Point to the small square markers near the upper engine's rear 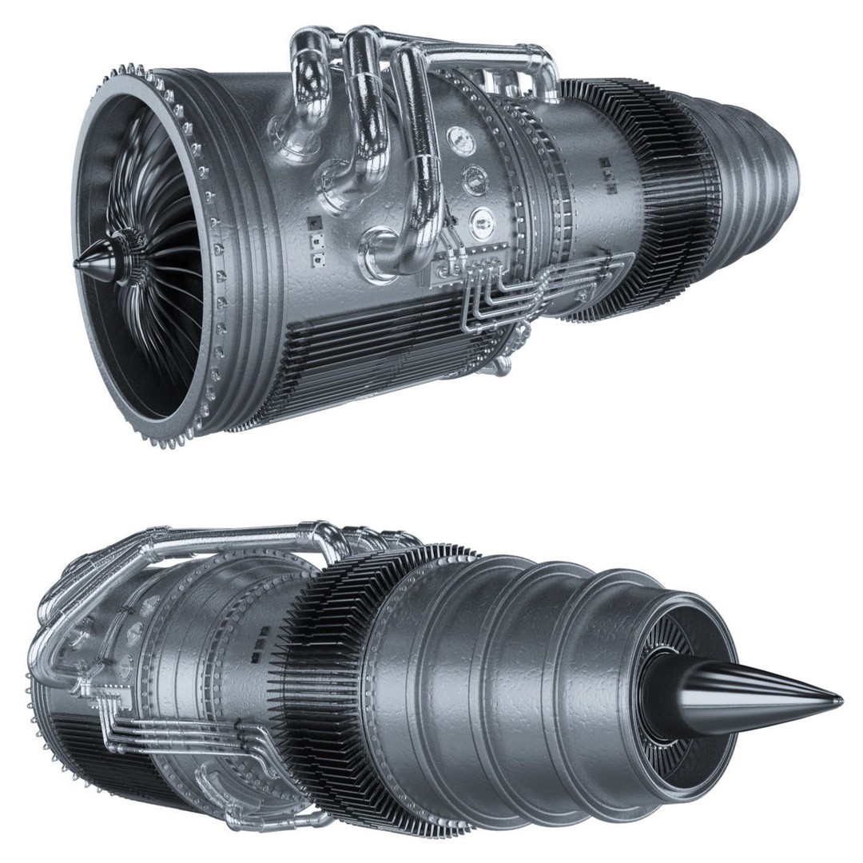(x=609, y=174)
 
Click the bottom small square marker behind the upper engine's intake (x=317, y=258)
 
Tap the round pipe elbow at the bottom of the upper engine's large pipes (x=379, y=256)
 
